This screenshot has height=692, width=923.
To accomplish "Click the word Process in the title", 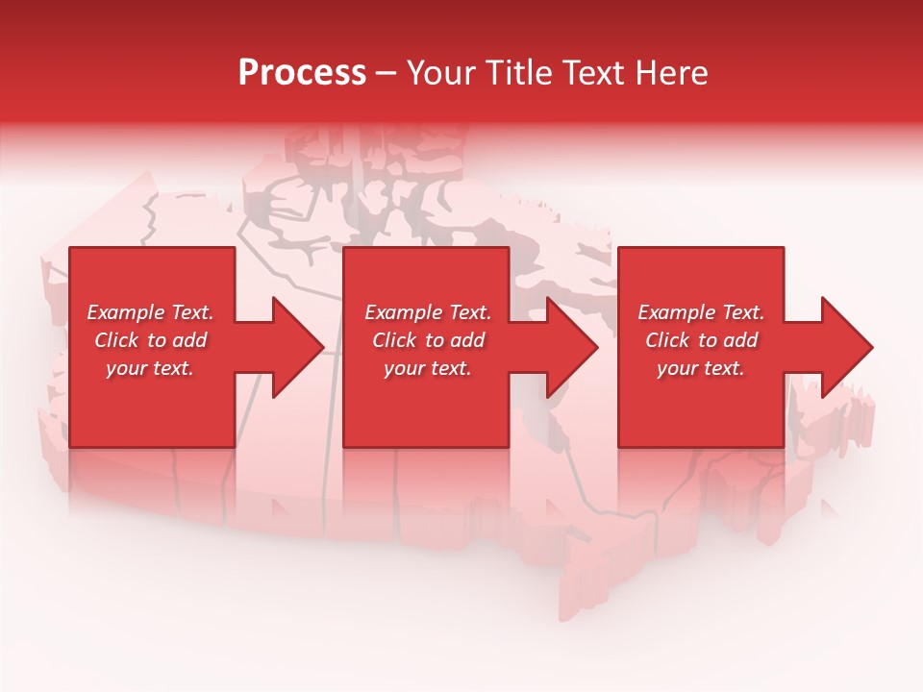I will [302, 73].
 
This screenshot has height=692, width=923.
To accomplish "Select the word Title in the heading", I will [518, 73].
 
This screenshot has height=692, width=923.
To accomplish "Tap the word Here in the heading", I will [671, 73].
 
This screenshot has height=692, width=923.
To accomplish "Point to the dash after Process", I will [387, 73].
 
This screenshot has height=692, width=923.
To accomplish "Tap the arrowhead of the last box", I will [846, 347].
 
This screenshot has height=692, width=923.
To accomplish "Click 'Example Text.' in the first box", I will [150, 312].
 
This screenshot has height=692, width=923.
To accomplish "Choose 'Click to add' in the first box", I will [150, 340].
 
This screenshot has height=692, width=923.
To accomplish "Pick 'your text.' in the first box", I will [150, 368].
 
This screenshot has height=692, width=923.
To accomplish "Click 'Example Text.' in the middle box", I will [428, 312].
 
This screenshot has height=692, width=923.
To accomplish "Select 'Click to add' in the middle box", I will [428, 340].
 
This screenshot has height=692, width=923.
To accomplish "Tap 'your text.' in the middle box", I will [428, 368].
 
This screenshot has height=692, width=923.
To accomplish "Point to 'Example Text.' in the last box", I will [701, 312].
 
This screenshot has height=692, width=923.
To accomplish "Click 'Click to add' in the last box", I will [701, 340].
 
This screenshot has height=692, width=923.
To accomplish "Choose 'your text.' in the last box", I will [701, 368].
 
